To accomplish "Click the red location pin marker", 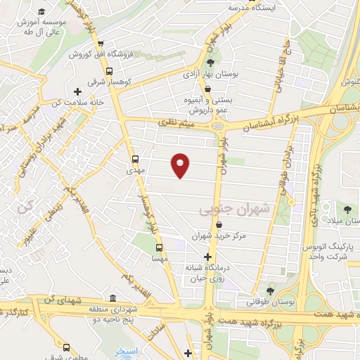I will tap(181, 165).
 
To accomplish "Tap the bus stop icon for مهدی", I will tap(136, 159).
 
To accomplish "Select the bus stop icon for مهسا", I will tap(160, 247).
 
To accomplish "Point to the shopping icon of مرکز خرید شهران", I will tap(220, 225).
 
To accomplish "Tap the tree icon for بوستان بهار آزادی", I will tap(210, 63).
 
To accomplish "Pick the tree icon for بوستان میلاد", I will tap(347, 208).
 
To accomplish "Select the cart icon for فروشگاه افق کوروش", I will tap(101, 44).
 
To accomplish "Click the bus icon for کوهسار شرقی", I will tap(109, 70).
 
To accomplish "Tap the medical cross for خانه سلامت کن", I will tap(77, 91).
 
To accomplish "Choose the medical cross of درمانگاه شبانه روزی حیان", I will tap(207, 257).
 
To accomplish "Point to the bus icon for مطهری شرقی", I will tap(66, 347).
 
